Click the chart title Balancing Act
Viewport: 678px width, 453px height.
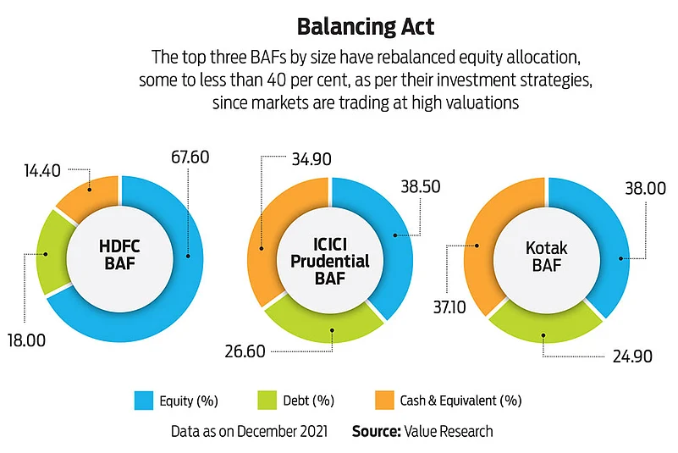click(367, 27)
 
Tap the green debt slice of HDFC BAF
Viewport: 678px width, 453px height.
click(52, 252)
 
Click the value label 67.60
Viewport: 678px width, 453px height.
click(188, 157)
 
